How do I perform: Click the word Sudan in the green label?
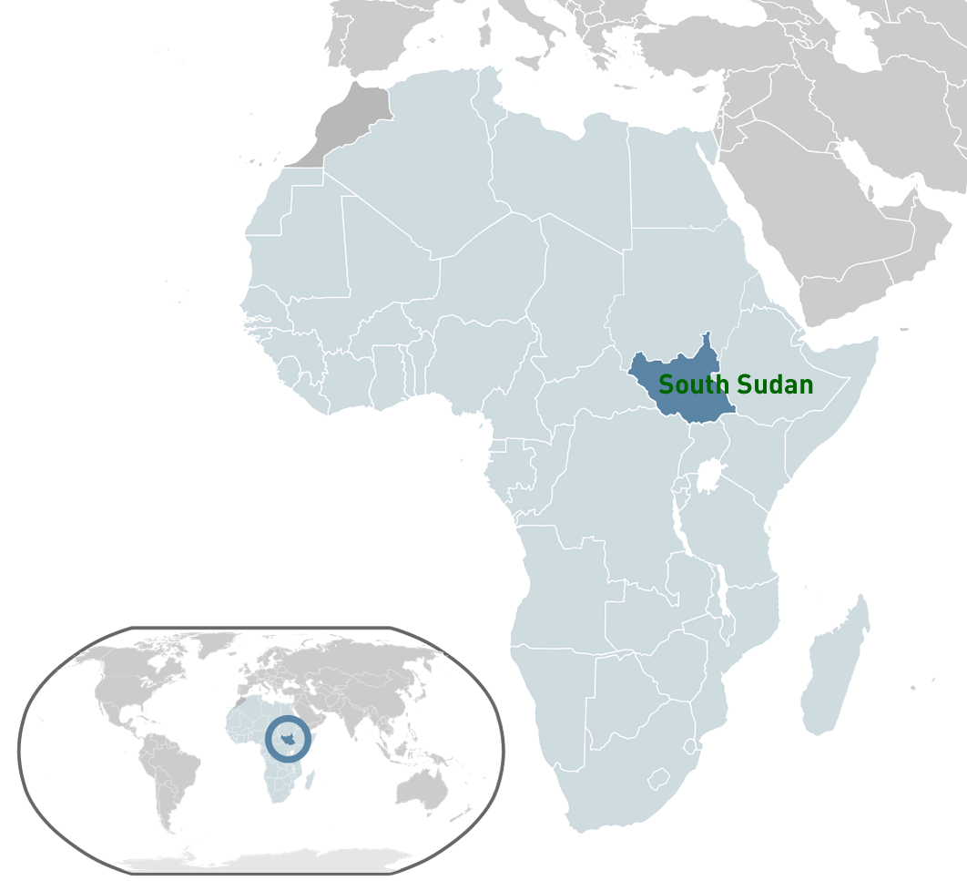775,385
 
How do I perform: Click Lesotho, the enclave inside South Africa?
658,780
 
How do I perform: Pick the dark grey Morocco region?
351,123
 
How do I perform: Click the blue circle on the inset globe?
288,740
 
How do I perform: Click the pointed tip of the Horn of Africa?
876,341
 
